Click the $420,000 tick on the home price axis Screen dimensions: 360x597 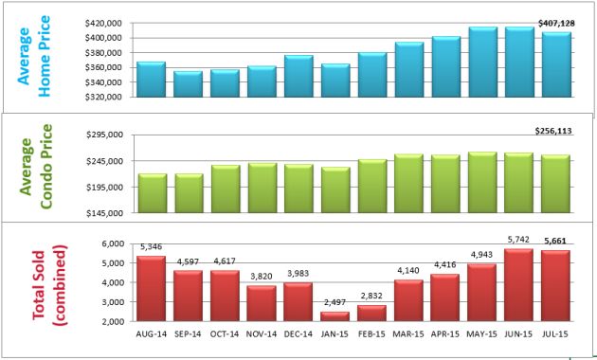tap(107, 22)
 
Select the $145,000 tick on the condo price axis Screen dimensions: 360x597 tap(109, 213)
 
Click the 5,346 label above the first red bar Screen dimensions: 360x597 tap(151, 248)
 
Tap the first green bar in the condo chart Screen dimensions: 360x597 tap(152, 193)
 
